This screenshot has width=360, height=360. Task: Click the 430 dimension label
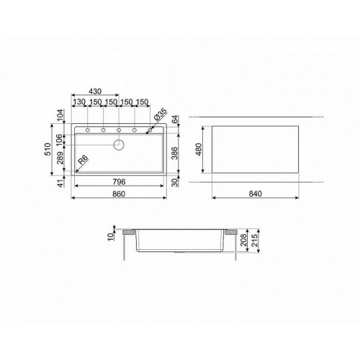pyautogui.click(x=95, y=91)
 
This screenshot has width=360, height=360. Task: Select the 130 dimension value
pyautogui.click(x=79, y=102)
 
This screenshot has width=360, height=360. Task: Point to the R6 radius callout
pyautogui.click(x=83, y=160)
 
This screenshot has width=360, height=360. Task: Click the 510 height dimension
pyautogui.click(x=48, y=149)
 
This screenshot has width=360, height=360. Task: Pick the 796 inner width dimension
pyautogui.click(x=119, y=181)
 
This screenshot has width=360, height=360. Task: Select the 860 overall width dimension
pyautogui.click(x=119, y=194)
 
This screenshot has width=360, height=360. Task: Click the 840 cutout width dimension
pyautogui.click(x=255, y=194)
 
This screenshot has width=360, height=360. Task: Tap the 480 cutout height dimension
pyautogui.click(x=199, y=149)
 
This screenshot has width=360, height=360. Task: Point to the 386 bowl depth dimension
pyautogui.click(x=175, y=153)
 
